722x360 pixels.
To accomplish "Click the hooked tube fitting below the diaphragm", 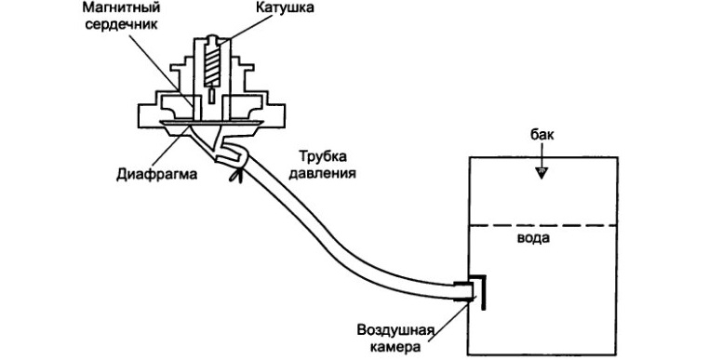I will pos(227,148).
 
